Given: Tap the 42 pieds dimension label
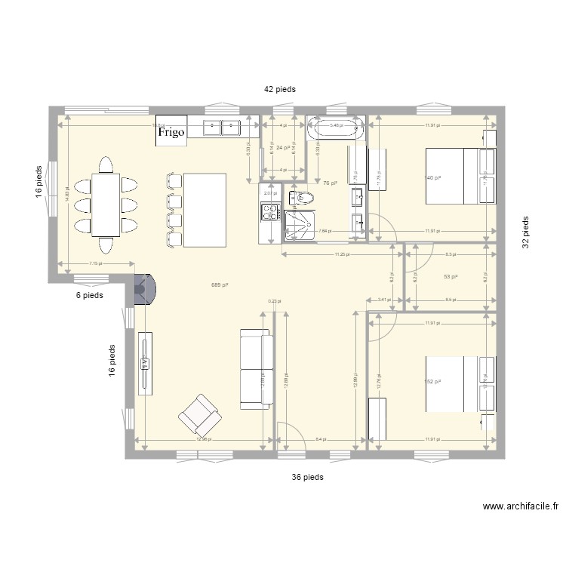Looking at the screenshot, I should [x=279, y=89].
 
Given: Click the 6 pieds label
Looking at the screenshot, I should [x=88, y=295].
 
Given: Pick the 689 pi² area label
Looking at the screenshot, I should [x=220, y=285].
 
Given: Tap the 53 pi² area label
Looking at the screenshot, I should [x=451, y=277].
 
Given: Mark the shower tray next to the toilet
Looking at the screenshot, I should [x=300, y=225].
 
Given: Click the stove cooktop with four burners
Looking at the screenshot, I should [x=269, y=212].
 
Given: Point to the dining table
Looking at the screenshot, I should [x=105, y=205].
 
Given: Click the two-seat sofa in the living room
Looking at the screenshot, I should [x=257, y=369].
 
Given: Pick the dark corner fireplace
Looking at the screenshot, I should [x=143, y=289].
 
